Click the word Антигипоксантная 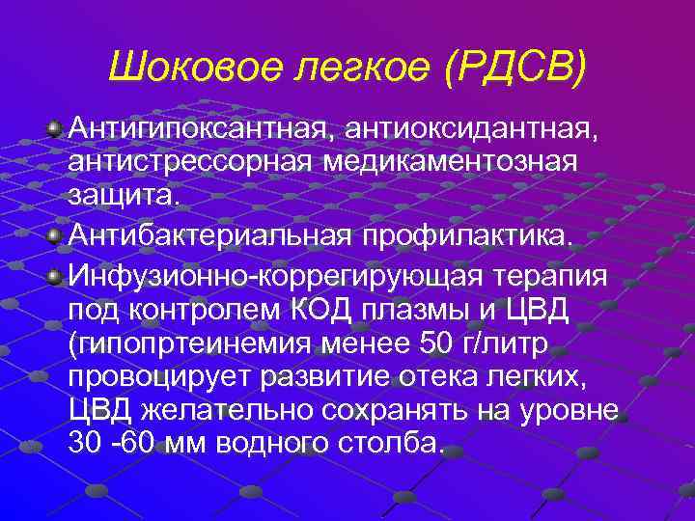[x=210, y=127]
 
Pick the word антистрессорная [x=186, y=161]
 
